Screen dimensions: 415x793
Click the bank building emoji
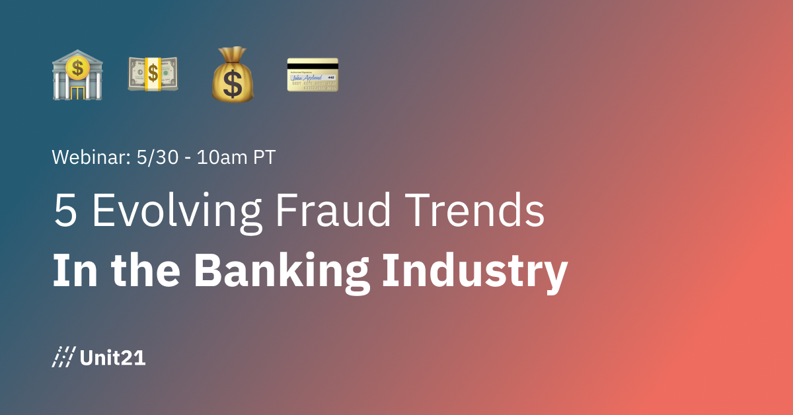pos(77,74)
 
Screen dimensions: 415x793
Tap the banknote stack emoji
pos(153,73)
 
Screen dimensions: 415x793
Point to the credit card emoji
pos(313,74)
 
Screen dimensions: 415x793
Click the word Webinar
pos(87,158)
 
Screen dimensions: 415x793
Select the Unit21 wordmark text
pos(112,358)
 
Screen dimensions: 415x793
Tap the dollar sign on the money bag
pos(233,82)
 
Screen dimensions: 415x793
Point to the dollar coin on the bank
pos(78,66)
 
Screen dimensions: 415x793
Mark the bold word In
pos(72,271)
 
